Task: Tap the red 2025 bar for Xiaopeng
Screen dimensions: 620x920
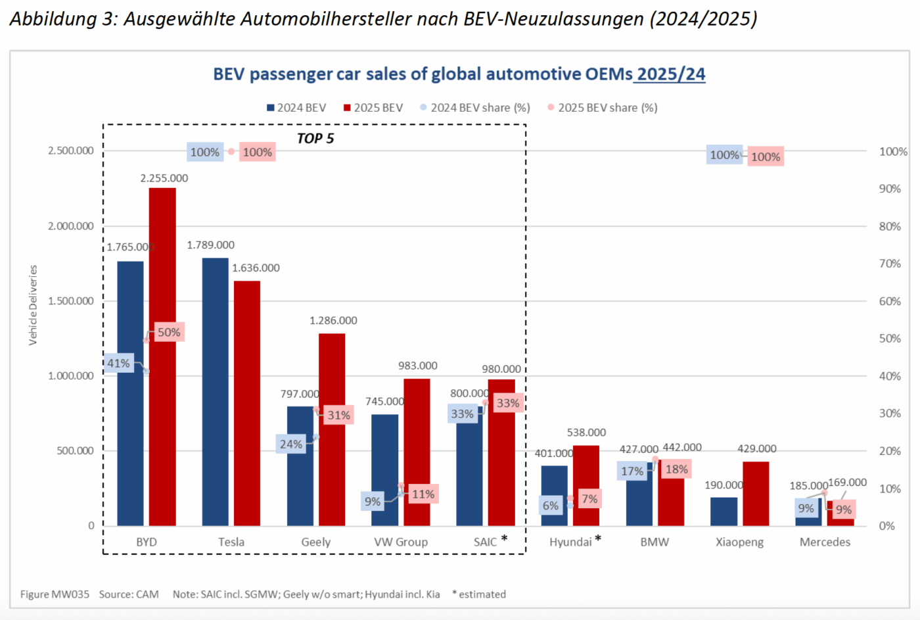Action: point(756,493)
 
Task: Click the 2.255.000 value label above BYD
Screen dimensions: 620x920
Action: point(164,178)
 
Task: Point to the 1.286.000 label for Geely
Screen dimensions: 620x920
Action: point(333,321)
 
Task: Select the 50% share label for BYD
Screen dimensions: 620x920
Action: point(168,332)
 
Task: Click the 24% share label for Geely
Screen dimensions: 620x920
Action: point(290,444)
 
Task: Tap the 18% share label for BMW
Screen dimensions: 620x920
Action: point(676,469)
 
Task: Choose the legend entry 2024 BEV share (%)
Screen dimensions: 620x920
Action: point(480,108)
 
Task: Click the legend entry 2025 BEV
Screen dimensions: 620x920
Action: point(378,108)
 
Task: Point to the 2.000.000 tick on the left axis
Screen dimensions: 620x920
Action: point(71,226)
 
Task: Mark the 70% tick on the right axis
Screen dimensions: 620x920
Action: point(890,264)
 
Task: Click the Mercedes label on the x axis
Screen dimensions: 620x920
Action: point(825,542)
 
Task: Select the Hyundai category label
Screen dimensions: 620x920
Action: point(570,542)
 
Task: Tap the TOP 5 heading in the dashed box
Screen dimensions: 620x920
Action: point(315,139)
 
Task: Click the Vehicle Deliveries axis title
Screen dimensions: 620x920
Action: point(33,305)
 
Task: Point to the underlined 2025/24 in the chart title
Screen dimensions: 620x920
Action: point(670,74)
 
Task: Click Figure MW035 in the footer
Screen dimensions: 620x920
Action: point(55,594)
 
